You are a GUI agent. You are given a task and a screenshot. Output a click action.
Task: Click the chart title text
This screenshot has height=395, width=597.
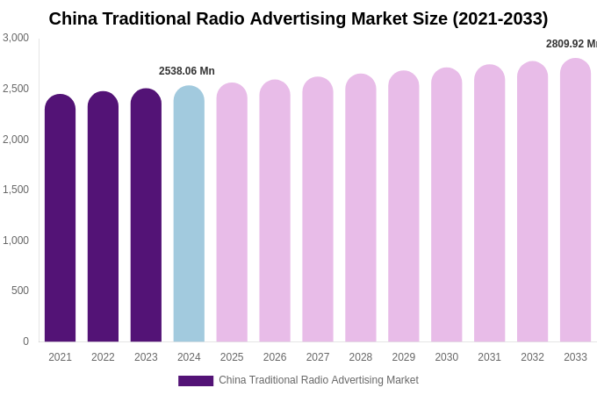[x=298, y=18]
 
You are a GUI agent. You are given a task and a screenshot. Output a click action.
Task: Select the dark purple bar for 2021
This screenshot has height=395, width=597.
[x=60, y=219]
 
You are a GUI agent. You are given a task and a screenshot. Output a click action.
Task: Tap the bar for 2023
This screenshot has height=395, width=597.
[x=146, y=216]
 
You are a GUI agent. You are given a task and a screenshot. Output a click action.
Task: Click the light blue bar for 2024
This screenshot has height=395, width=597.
[x=189, y=214]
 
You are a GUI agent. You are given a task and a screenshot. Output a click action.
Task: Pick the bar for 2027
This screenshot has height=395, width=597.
[x=318, y=211]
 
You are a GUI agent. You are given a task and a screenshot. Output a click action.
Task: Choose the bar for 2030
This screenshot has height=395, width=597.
[x=446, y=205]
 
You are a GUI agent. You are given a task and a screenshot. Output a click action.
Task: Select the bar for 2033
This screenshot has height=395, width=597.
[x=575, y=201]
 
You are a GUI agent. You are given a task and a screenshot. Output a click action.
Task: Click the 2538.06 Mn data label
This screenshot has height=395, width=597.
[x=186, y=71]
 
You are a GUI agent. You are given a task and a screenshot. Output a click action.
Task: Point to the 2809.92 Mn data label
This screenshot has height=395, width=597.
[x=571, y=44]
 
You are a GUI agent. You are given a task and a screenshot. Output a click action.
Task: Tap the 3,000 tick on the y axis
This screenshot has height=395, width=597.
[x=16, y=38]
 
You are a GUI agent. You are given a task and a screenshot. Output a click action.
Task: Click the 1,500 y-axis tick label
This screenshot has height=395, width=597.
[x=16, y=190]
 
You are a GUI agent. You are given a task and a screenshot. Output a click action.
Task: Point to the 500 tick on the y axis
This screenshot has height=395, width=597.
[x=19, y=291]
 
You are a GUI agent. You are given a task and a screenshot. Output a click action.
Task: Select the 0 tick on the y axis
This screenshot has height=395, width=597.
[x=25, y=341]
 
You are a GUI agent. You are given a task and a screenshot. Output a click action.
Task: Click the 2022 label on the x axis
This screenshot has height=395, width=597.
[x=103, y=357]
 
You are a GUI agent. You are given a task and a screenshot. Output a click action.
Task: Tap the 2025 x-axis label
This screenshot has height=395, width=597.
[x=232, y=357]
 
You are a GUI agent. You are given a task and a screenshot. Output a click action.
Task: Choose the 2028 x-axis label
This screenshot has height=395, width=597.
[x=361, y=357]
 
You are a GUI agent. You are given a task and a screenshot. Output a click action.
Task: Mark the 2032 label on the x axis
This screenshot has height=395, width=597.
[x=532, y=357]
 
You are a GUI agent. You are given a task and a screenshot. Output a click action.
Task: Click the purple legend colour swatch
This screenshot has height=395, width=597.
[x=196, y=381]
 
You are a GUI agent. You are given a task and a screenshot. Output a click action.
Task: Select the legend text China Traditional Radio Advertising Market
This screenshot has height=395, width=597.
[x=318, y=380]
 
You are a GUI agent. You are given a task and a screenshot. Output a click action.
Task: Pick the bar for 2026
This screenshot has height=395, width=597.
[x=275, y=212]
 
